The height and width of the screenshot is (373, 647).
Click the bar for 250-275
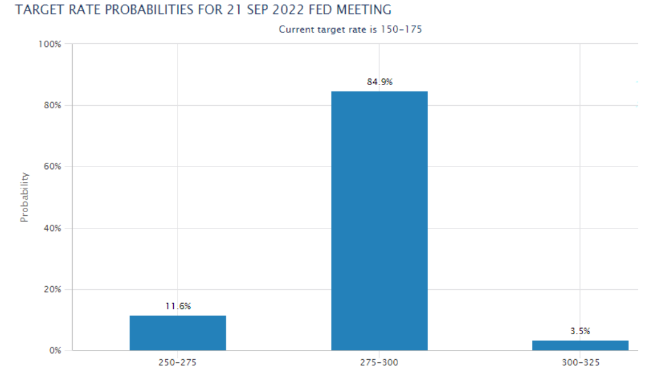[178, 332]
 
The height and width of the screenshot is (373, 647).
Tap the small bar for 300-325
[580, 345]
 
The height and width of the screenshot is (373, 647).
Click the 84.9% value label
[379, 82]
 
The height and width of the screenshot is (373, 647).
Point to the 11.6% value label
[178, 306]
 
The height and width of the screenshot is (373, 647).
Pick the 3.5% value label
[580, 331]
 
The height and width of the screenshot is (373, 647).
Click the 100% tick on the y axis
[51, 44]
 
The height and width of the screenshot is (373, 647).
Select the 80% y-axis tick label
[53, 105]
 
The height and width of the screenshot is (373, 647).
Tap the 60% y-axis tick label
[53, 166]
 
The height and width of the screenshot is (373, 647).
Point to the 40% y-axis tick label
[53, 228]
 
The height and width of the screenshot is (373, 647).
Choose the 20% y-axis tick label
[53, 289]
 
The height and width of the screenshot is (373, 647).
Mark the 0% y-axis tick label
[55, 350]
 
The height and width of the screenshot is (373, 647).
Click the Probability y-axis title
[25, 198]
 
